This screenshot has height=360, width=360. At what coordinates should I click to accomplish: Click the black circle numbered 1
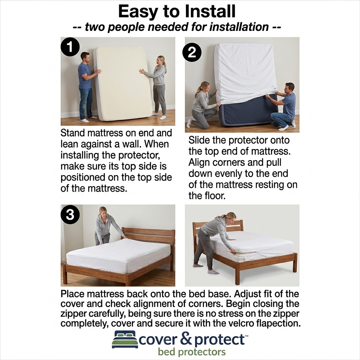point(70,47)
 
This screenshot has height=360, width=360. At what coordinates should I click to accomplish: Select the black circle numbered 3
point(70,215)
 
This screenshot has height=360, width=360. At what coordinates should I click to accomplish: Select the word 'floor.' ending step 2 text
point(207,196)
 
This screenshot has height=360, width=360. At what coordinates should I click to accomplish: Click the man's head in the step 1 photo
point(85,58)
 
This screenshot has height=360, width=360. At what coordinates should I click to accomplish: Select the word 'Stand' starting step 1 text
point(73,133)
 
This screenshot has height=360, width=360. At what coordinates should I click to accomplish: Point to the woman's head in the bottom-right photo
point(230,217)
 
